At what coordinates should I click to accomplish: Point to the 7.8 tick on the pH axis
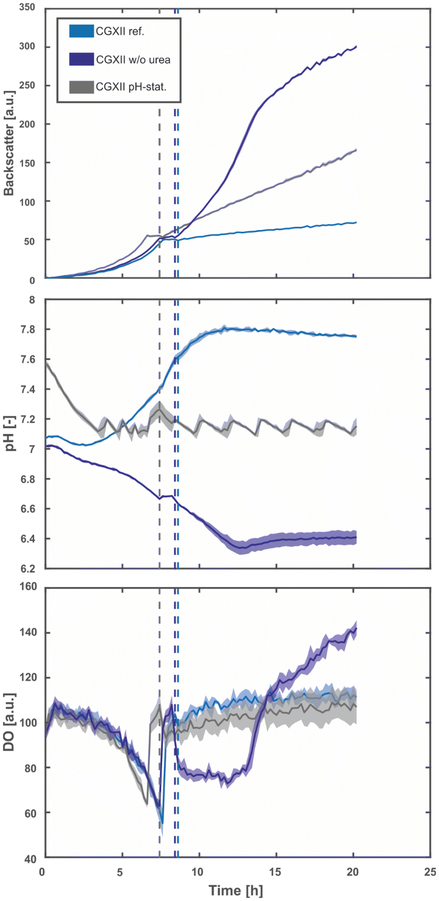(28, 329)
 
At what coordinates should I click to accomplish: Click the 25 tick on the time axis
(430, 872)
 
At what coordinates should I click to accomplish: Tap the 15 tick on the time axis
(276, 872)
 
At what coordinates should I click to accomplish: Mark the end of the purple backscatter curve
(356, 46)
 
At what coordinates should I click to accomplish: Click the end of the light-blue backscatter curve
(356, 222)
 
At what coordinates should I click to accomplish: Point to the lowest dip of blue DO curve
(162, 823)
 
